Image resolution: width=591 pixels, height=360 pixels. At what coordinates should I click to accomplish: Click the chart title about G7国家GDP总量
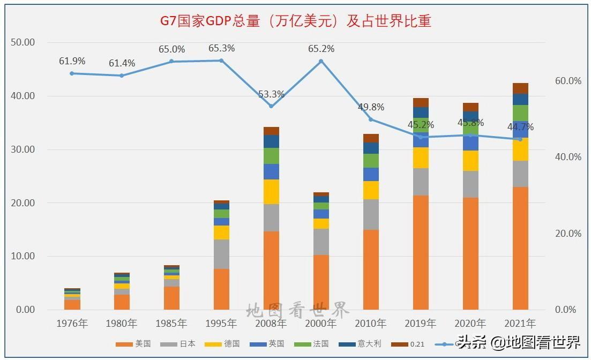[x=296, y=21]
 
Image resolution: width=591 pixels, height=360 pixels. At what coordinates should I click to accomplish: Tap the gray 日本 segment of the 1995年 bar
[x=221, y=254]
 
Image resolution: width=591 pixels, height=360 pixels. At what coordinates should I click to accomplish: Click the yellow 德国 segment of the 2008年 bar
[x=271, y=192]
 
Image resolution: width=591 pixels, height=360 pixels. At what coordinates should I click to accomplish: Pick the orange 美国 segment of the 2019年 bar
[x=421, y=252]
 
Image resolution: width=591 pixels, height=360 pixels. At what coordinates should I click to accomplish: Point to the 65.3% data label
[x=221, y=48]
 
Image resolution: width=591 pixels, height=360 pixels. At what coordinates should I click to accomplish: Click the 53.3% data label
[x=271, y=94]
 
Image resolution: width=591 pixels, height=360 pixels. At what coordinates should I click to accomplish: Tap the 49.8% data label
[x=371, y=107]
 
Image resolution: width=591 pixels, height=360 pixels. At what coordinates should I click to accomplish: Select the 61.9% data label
[x=72, y=61]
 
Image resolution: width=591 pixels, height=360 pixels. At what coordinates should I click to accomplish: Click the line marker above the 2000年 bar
[x=321, y=61]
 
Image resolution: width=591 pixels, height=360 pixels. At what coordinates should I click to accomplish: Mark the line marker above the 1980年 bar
[x=122, y=76]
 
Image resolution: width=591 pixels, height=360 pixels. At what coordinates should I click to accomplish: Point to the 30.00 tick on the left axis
[x=23, y=149]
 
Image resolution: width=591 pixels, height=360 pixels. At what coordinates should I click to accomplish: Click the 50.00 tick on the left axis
[x=23, y=42]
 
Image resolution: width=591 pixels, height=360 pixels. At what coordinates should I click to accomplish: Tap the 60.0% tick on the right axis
[x=568, y=81]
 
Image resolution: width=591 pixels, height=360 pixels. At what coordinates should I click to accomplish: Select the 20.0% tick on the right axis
[x=568, y=234]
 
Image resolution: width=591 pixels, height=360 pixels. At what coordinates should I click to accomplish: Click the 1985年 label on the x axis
[x=171, y=324]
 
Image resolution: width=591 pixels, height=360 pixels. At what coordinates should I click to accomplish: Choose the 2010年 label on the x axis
[x=371, y=324]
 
